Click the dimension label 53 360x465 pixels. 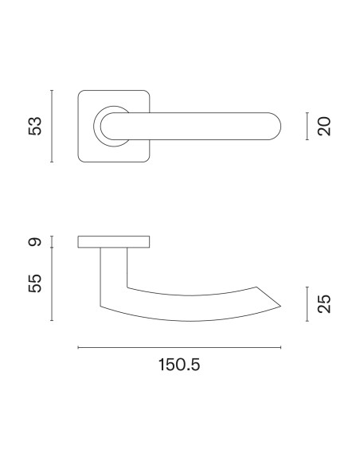(x=35, y=127)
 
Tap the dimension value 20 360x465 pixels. (x=324, y=127)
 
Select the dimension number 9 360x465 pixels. (x=35, y=242)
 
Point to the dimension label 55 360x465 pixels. (x=35, y=283)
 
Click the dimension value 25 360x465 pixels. (x=324, y=303)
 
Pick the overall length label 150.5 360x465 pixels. (x=179, y=365)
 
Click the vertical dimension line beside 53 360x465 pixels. (x=52, y=126)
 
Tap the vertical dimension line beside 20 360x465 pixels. (x=307, y=126)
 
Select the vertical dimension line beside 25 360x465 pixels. (x=307, y=304)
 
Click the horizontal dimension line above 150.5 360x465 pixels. (x=179, y=347)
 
